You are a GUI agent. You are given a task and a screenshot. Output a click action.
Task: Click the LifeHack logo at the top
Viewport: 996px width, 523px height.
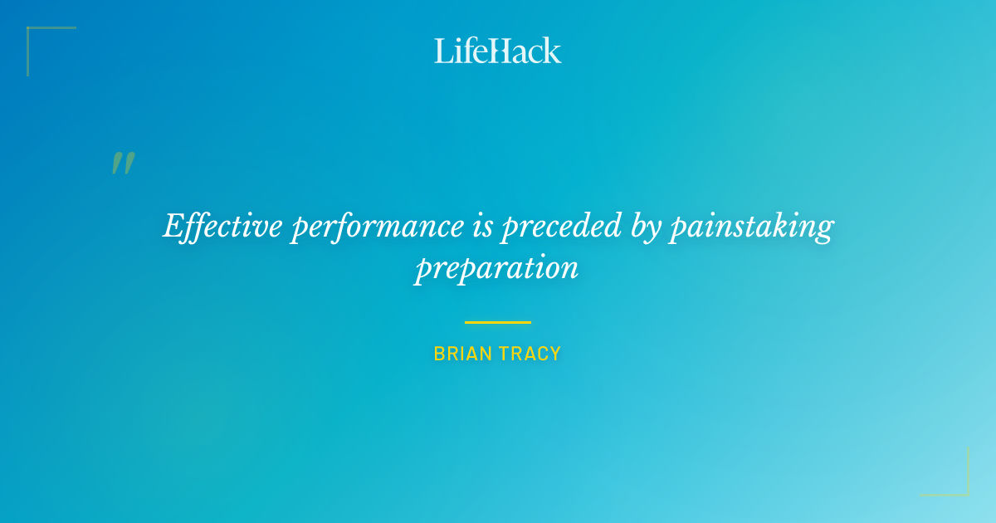point(498,51)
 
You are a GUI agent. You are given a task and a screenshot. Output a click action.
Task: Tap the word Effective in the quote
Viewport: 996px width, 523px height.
point(222,226)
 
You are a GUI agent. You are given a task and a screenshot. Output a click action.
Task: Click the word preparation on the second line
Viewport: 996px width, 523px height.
point(496,269)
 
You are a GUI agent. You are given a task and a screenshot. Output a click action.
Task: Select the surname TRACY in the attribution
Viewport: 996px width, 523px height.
point(531,354)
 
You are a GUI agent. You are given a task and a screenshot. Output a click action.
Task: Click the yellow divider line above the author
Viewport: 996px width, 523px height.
point(498,322)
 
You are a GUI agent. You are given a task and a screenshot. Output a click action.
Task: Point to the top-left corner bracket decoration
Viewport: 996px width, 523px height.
point(33,33)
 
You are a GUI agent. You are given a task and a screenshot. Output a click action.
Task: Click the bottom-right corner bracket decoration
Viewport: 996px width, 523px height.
point(963,490)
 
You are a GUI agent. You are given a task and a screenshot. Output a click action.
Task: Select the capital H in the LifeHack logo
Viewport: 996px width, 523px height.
point(497,51)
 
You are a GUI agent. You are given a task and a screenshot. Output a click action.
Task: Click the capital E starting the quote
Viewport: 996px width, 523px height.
point(173,226)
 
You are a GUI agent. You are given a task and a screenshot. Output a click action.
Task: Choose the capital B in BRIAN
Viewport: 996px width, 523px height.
point(439,354)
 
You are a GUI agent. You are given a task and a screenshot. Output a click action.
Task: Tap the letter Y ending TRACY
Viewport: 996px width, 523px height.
point(556,354)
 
